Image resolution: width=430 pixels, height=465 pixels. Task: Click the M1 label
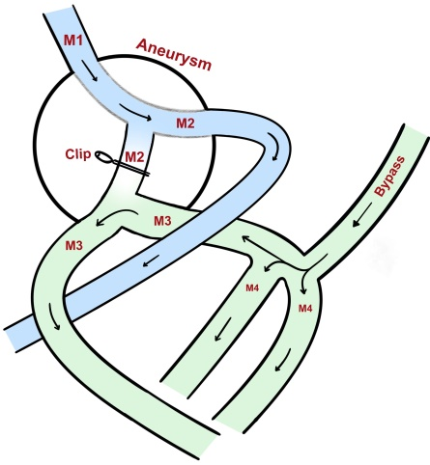[x=73, y=41]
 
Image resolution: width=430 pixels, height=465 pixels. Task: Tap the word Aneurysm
[x=174, y=55]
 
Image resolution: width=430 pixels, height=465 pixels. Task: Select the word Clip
[x=78, y=154]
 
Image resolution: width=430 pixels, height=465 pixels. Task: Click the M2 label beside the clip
[x=134, y=157]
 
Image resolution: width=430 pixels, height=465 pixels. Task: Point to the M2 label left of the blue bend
[x=186, y=123]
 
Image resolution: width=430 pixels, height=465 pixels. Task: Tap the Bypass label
[x=389, y=177]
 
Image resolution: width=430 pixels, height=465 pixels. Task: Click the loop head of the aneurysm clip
[x=102, y=156]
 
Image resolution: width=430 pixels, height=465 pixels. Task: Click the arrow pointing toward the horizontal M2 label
[x=134, y=112]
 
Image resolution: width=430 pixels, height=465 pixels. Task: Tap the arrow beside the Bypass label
[x=363, y=214]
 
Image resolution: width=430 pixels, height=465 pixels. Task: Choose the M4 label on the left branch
[x=252, y=287]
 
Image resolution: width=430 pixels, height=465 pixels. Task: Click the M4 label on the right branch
[x=305, y=309]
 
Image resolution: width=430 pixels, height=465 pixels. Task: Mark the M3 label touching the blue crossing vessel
[x=162, y=221]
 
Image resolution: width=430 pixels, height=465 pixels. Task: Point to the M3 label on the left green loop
[x=74, y=246]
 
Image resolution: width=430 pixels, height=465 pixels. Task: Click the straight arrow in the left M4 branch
[x=223, y=329]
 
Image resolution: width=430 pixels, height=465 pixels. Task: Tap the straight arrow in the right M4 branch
[x=283, y=360]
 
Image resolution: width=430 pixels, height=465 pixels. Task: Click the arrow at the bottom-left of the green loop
[x=54, y=316]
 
